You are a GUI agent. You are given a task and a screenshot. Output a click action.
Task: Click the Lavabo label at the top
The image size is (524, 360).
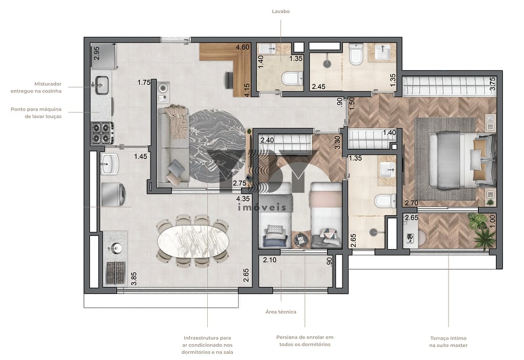tap(281, 11)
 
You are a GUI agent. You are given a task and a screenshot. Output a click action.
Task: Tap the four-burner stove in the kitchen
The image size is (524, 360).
tap(102, 132)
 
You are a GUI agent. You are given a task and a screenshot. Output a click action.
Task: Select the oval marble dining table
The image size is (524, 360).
tap(193, 241)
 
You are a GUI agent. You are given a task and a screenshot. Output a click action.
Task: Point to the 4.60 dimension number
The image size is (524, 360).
tap(242, 47)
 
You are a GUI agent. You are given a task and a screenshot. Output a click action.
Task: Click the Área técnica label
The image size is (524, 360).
tap(281, 312)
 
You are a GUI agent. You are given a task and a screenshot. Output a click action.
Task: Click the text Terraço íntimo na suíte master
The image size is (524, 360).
tap(448, 342)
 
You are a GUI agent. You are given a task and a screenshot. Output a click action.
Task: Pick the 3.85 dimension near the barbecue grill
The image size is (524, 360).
tap(134, 279)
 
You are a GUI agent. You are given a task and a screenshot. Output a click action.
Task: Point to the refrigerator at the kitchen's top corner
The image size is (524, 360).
tap(103, 56)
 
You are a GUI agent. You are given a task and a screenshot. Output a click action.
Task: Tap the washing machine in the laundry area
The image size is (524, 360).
tap(113, 194)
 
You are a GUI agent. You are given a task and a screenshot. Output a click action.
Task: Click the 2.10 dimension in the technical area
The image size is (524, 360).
tap(270, 260)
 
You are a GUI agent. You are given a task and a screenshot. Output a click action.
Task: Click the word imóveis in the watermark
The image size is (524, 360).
tap(262, 208)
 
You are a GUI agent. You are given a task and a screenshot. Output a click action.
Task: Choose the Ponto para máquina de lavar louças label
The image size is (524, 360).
tap(36, 113)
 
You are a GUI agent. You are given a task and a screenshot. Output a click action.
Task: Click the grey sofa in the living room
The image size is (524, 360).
tap(173, 146)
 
